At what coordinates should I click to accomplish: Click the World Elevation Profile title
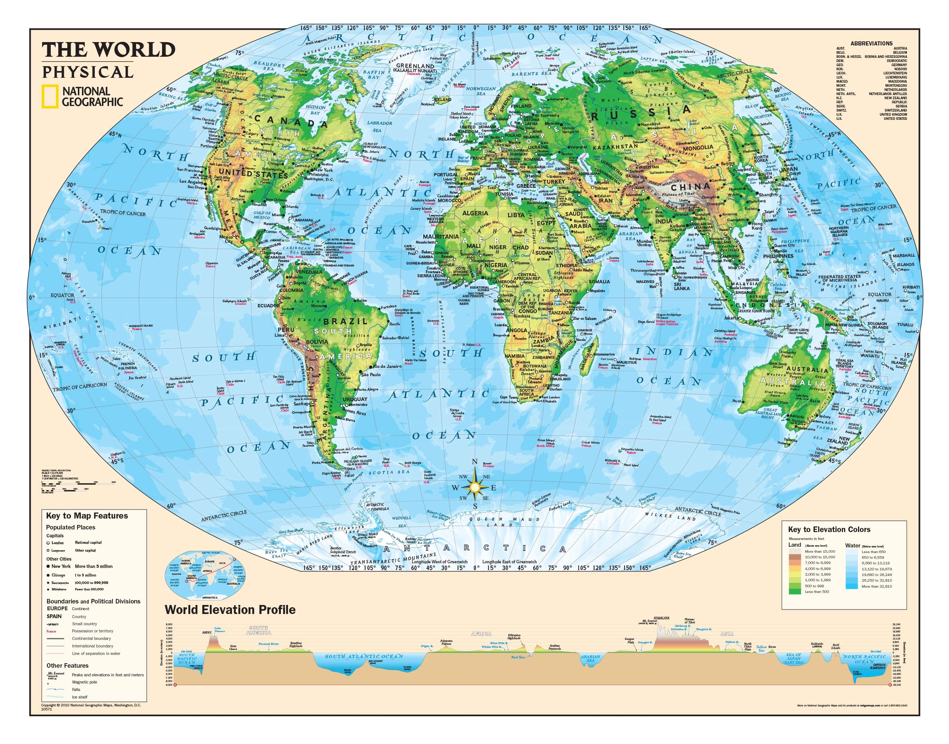pyautogui.click(x=230, y=610)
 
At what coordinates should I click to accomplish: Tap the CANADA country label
pyautogui.click(x=290, y=124)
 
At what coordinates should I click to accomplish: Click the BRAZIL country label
pyautogui.click(x=340, y=322)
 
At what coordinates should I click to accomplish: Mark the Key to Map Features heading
pyautogui.click(x=87, y=516)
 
